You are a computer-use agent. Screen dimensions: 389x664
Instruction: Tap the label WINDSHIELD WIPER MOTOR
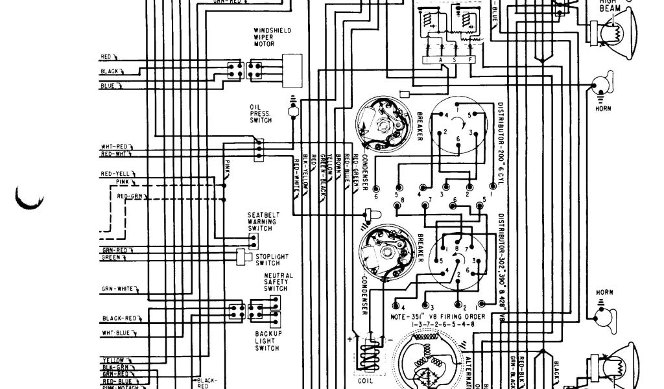point(272,37)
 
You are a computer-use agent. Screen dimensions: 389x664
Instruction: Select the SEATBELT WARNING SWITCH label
point(263,222)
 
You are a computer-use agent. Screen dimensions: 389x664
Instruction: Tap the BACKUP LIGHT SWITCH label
point(266,341)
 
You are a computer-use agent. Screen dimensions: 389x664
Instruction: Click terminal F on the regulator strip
point(471,60)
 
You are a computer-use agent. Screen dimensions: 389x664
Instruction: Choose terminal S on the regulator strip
point(456,60)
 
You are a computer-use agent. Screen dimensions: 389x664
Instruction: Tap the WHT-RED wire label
point(113,147)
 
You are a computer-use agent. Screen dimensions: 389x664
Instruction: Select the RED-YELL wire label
point(113,174)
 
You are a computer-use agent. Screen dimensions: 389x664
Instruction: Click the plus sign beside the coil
point(351,338)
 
